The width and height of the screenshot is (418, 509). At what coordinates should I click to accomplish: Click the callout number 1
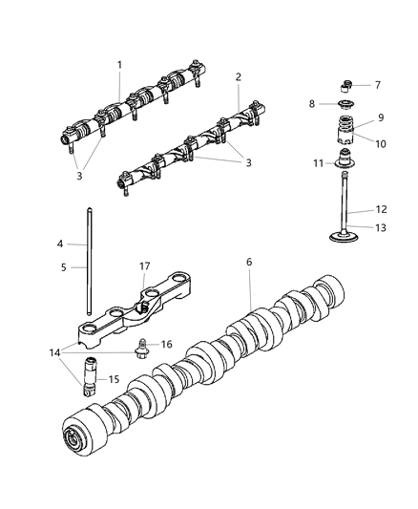[119, 64]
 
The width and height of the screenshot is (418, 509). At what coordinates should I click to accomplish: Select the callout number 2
[239, 76]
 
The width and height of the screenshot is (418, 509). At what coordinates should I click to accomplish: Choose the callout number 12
[380, 209]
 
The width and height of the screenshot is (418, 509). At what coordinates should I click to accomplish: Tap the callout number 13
[380, 227]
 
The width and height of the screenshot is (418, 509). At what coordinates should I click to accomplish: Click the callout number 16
[165, 344]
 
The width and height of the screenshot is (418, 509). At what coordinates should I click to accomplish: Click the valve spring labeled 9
[347, 130]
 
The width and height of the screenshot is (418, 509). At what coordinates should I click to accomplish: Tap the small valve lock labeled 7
[346, 83]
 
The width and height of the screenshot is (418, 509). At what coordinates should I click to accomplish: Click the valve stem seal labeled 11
[347, 162]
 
